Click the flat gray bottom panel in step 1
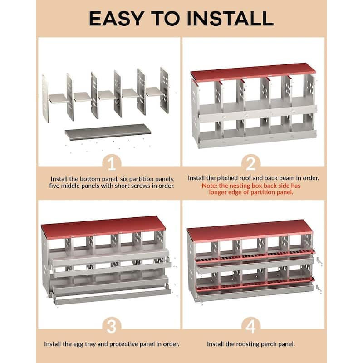[x=108, y=132]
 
